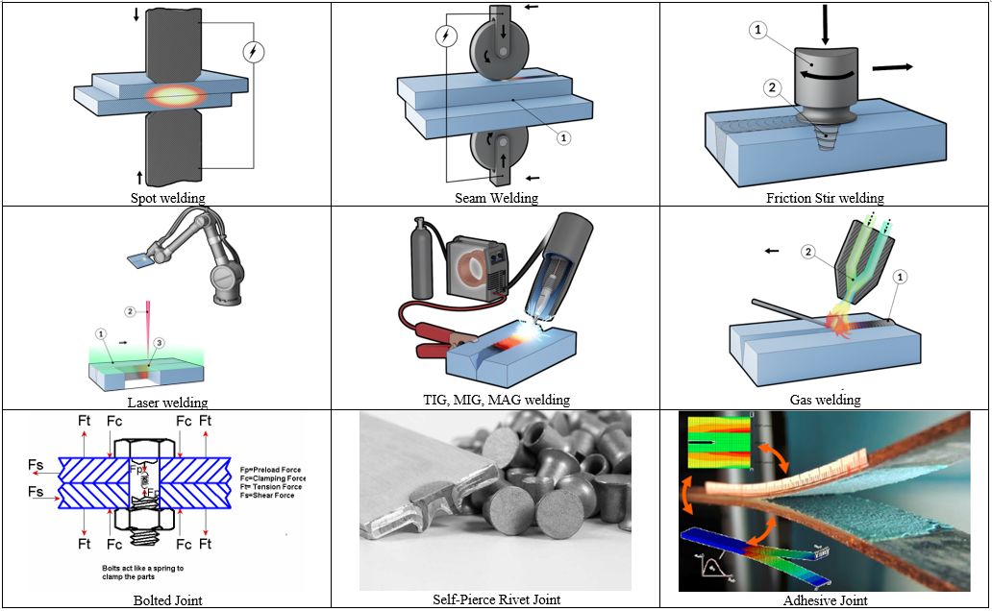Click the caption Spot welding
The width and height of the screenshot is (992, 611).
click(167, 199)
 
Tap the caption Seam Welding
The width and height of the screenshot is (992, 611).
click(496, 198)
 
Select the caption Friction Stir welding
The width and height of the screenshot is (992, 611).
click(825, 198)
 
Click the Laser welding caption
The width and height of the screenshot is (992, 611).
click(167, 402)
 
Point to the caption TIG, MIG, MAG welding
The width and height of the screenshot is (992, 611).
click(496, 400)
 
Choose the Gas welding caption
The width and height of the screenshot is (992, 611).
click(825, 400)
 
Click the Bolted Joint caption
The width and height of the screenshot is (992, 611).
click(167, 600)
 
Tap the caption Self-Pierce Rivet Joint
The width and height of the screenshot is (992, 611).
click(496, 599)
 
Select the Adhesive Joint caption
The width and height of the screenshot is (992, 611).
click(825, 600)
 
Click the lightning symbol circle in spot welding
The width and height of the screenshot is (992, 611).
click(253, 53)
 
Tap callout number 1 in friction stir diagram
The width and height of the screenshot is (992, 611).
click(758, 31)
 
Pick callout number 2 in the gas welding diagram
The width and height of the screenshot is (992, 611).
click(809, 253)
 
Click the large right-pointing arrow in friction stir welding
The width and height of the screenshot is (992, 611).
click(892, 67)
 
